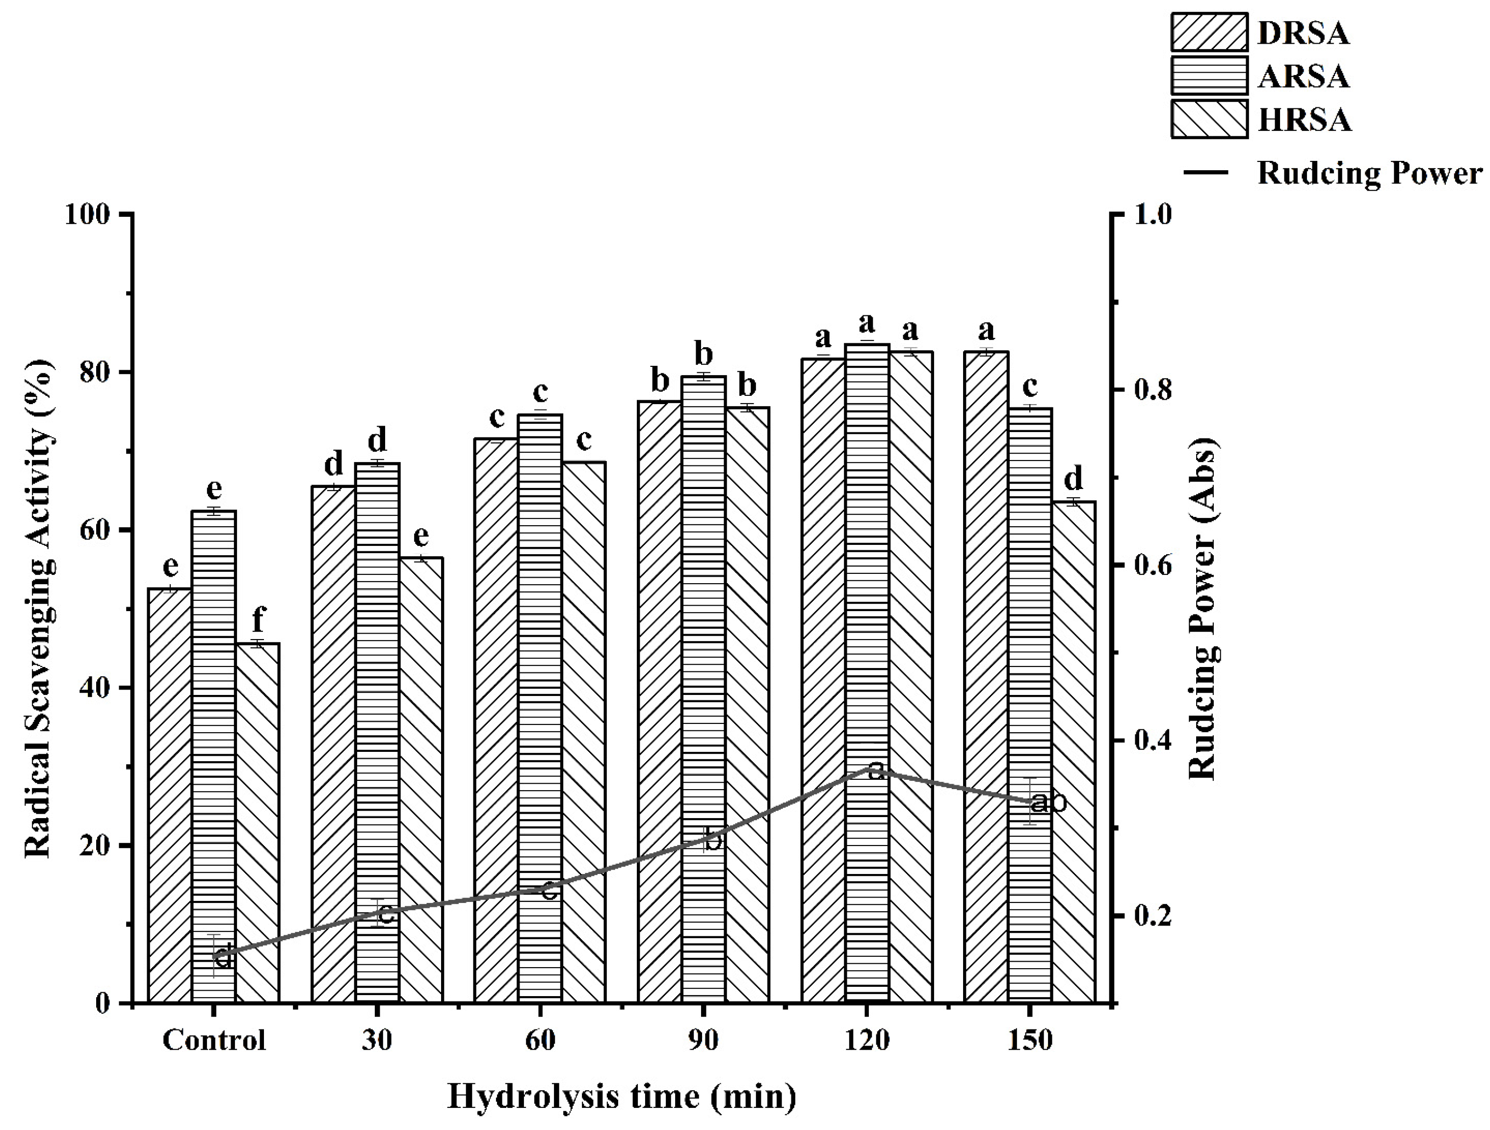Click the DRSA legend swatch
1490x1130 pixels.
(x=1209, y=32)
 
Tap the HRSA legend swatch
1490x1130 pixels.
(x=1209, y=119)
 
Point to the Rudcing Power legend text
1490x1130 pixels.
(x=1369, y=173)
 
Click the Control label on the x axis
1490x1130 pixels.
(x=214, y=1040)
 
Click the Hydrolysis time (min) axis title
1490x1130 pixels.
(x=621, y=1096)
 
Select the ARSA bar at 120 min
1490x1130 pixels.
(x=867, y=673)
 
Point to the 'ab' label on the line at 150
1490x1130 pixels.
(x=1049, y=803)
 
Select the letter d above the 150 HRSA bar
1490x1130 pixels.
(x=1073, y=478)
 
